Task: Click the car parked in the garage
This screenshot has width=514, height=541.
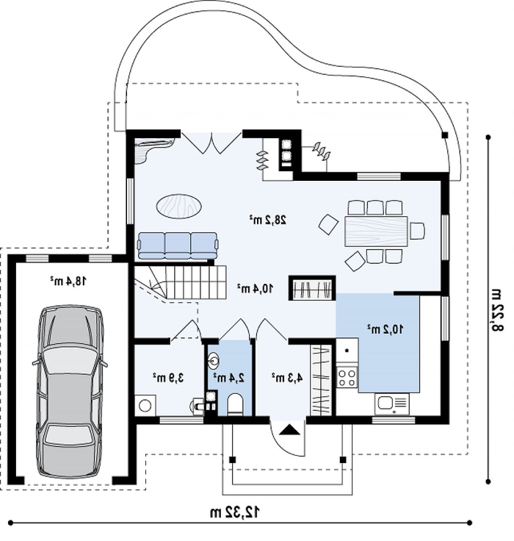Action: click(70, 391)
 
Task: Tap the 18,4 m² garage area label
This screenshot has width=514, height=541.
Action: click(68, 281)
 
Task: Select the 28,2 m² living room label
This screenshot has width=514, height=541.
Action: click(268, 220)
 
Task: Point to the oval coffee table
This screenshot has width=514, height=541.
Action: click(179, 206)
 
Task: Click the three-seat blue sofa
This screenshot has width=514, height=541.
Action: click(178, 246)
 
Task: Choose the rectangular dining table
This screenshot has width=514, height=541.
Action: click(376, 231)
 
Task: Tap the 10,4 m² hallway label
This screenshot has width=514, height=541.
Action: click(256, 288)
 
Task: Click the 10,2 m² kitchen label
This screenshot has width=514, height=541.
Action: click(385, 329)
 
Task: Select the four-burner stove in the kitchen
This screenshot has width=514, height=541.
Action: click(347, 377)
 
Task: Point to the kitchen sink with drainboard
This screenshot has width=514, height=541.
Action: click(392, 404)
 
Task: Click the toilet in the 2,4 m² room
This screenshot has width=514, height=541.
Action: click(236, 404)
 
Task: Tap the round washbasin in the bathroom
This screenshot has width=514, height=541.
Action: click(214, 361)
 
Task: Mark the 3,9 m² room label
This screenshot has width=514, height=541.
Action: click(168, 378)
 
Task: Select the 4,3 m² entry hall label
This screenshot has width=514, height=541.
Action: click(287, 378)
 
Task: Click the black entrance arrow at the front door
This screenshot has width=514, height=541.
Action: click(287, 430)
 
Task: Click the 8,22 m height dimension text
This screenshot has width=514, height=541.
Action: click(497, 309)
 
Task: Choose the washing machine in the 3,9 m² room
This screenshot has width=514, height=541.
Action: click(145, 406)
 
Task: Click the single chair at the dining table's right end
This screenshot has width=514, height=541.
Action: click(417, 231)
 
